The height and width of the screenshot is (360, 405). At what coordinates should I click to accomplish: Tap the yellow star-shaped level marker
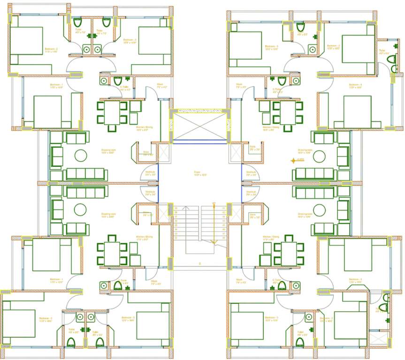pos(293,161)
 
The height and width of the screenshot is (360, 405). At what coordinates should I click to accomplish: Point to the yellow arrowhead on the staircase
pos(214,241)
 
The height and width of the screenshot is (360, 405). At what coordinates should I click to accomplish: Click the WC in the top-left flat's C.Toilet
pos(117,81)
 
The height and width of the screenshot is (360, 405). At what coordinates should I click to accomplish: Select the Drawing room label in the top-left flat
pos(108,151)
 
